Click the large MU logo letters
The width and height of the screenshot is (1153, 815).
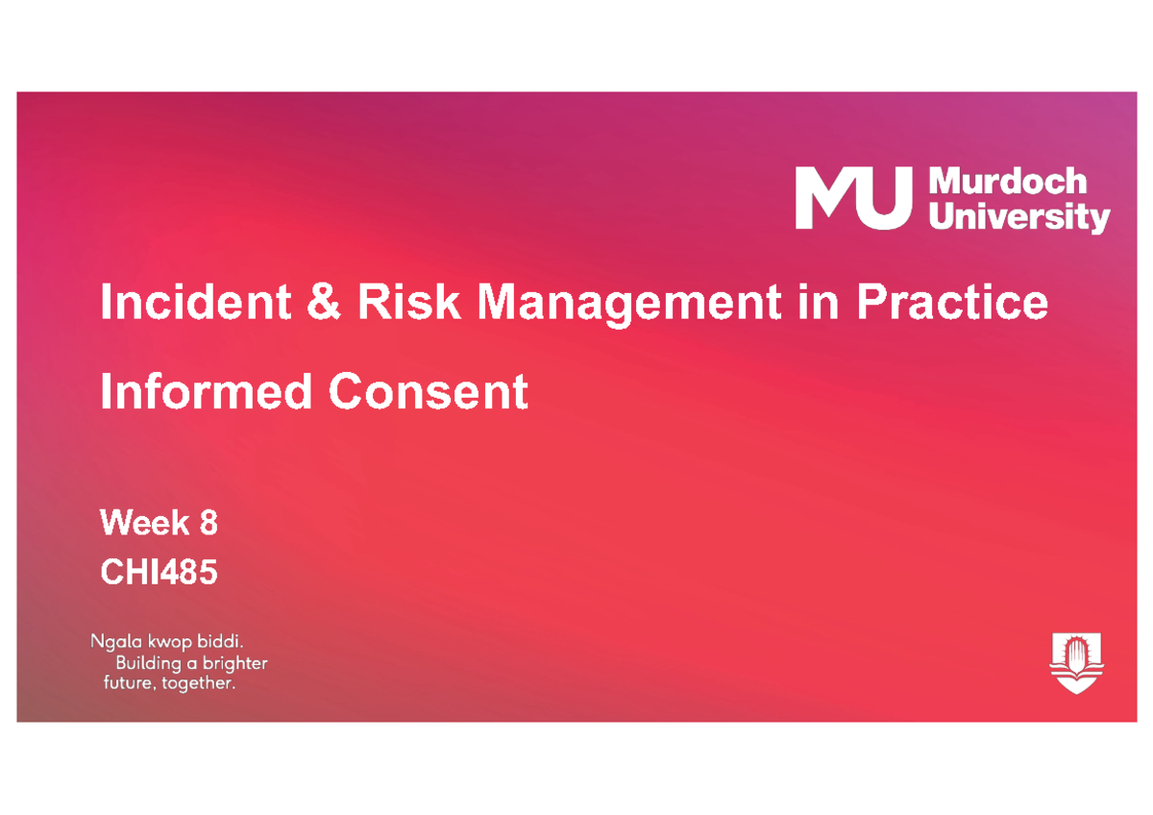[x=850, y=198]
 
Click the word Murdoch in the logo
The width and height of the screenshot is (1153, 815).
[x=1006, y=183]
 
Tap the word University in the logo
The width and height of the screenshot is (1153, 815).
[x=1019, y=217]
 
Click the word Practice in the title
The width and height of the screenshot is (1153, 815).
[x=951, y=304]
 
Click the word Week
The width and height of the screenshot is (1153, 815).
[x=144, y=524]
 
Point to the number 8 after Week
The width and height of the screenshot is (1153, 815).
[x=209, y=524]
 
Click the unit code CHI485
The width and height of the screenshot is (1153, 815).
[x=159, y=574]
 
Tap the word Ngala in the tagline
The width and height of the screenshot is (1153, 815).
[x=112, y=642]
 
